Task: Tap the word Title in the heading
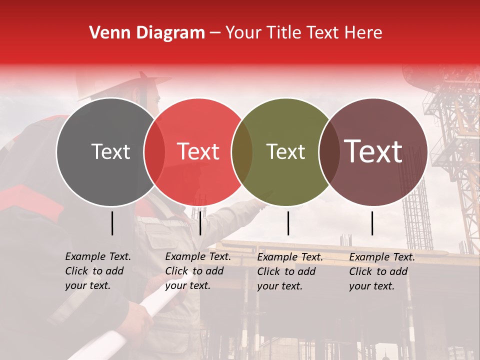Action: tap(284, 33)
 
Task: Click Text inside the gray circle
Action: tap(110, 151)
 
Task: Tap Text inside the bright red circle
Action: tap(198, 151)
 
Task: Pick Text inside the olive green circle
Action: tap(285, 151)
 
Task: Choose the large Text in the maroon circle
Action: tap(373, 151)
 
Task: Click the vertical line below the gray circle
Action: tap(112, 223)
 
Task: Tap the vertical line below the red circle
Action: tap(200, 223)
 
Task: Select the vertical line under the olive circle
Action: tap(288, 223)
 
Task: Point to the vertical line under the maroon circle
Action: tap(372, 223)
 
